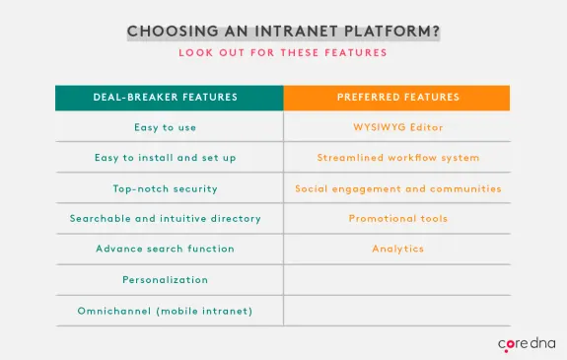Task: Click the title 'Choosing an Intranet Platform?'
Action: [283, 31]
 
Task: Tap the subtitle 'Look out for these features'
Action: [283, 52]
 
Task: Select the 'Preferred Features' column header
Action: [397, 98]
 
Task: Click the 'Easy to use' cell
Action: [166, 127]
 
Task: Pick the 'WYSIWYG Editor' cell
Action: [397, 127]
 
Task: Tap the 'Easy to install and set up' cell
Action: [166, 158]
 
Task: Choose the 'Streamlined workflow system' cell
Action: [397, 158]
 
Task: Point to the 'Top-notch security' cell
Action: [166, 188]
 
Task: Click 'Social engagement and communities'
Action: [397, 188]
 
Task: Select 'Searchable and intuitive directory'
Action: [166, 218]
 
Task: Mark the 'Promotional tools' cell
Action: [397, 218]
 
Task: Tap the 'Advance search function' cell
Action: [166, 249]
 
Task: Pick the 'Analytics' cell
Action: [397, 249]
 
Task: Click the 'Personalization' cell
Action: [166, 280]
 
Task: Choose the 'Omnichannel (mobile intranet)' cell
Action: [166, 311]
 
